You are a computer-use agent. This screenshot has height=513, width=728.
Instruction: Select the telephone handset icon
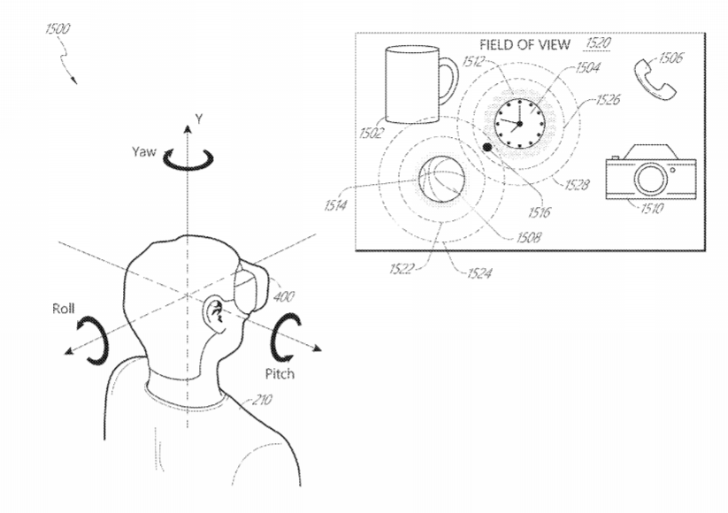point(655,80)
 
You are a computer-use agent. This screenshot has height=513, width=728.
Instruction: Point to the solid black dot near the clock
point(487,147)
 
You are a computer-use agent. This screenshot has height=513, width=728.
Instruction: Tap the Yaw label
point(144,152)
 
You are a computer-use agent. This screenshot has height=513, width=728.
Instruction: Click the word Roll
point(64,309)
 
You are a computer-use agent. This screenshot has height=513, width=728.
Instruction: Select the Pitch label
point(280,374)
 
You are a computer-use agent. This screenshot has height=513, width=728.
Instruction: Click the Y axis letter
point(199,119)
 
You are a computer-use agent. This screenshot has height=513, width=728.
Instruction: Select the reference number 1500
point(57,29)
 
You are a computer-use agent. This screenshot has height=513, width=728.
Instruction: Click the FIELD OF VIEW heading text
point(525,44)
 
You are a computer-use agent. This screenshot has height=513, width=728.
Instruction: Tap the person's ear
point(216,315)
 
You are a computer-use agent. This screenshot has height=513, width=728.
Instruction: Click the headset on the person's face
point(251,289)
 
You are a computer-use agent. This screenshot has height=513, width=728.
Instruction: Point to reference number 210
point(262,400)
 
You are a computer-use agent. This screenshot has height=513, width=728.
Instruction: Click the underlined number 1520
point(598,43)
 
